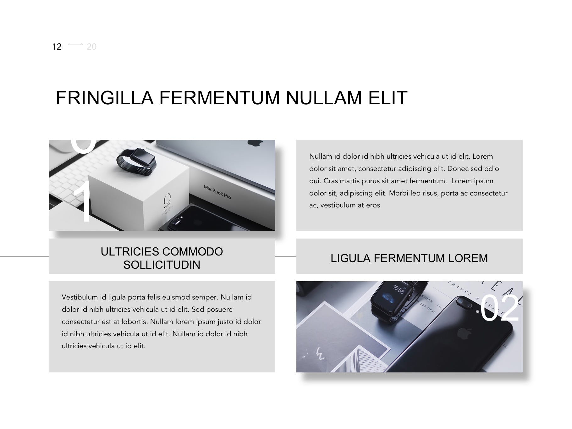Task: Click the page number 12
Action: click(57, 47)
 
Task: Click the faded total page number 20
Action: click(91, 47)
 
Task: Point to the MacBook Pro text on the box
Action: click(217, 192)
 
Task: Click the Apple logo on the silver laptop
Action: click(255, 143)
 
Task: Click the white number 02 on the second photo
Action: click(499, 308)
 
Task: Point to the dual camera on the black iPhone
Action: click(463, 303)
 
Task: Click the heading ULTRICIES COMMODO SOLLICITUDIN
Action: click(162, 258)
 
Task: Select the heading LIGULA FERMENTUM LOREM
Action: click(409, 258)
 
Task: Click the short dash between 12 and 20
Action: click(75, 45)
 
